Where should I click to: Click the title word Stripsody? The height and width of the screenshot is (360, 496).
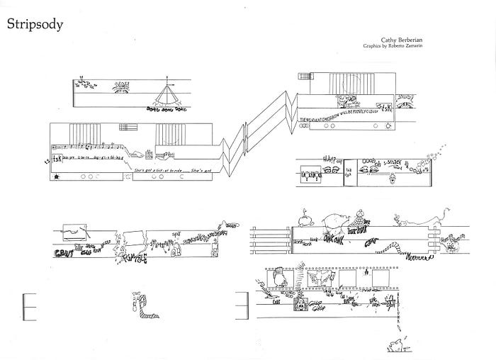[35, 24]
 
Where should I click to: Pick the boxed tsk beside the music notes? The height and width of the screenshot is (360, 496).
[57, 158]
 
